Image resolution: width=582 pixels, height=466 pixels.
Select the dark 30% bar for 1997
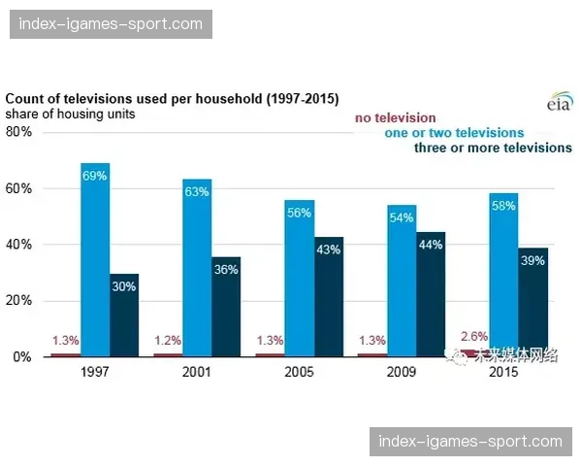tap(123, 316)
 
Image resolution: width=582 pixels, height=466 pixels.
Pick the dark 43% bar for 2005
tap(328, 296)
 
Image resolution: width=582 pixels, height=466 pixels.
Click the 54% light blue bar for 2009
tap(401, 282)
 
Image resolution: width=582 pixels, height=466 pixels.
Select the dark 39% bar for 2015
tap(533, 302)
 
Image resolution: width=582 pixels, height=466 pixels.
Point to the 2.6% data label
tap(474, 336)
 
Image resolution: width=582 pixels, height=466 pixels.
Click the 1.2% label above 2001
tap(168, 341)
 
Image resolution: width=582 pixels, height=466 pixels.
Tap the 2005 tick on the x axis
tap(299, 373)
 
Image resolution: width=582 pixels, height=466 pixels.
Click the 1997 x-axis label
tap(94, 373)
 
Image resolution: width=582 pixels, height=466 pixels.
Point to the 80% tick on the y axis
tap(18, 132)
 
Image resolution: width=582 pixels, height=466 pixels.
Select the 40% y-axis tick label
tap(18, 245)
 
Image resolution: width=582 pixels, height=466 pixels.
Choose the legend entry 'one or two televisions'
tap(454, 133)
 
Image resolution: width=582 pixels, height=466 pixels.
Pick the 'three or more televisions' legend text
tap(493, 148)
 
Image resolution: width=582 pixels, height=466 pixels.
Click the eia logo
tap(559, 103)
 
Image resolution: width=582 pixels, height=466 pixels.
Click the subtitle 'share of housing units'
tap(70, 114)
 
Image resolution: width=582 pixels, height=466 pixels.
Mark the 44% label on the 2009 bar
tap(430, 245)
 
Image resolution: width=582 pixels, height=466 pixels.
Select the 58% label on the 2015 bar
tap(502, 206)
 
